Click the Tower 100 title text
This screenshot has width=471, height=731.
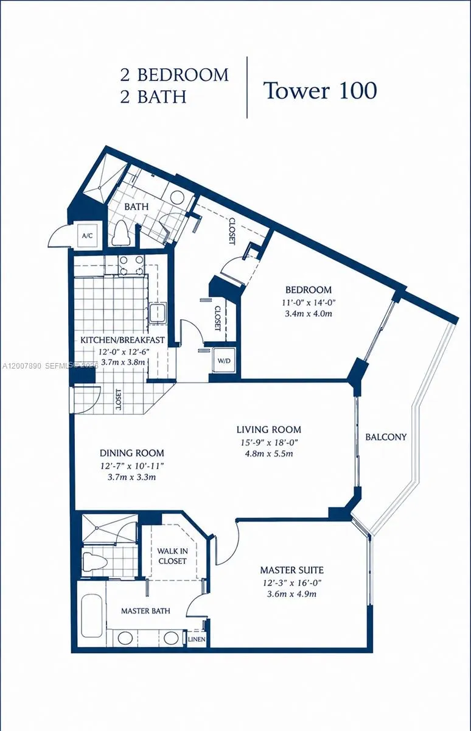(319, 90)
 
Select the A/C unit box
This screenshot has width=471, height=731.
(86, 236)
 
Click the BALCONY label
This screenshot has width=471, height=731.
(386, 437)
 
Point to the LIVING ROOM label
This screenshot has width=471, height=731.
(268, 429)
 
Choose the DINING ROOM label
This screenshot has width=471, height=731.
(131, 453)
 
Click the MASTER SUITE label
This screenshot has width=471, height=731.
(291, 570)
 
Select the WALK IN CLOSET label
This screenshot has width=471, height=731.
(172, 556)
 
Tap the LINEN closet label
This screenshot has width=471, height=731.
(196, 640)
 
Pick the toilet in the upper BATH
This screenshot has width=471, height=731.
(120, 233)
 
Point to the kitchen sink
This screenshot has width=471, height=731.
(158, 313)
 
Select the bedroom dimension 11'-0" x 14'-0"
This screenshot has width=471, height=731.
(309, 302)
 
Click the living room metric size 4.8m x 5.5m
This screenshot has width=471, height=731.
(268, 454)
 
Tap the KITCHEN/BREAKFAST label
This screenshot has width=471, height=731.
(122, 339)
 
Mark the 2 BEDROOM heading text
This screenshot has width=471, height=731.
(174, 75)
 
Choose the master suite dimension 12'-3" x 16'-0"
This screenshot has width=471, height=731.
(291, 582)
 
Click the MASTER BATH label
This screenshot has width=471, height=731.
(145, 610)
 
